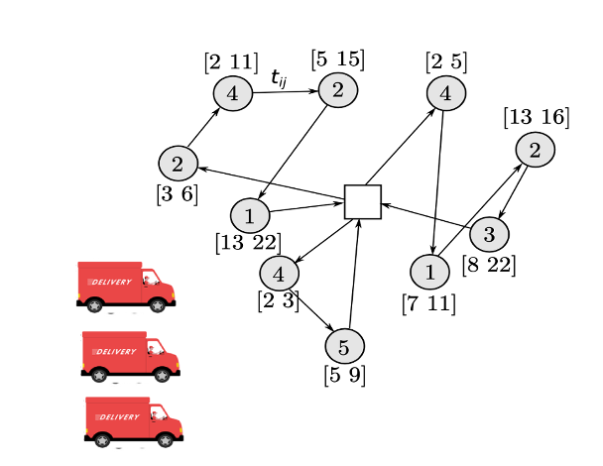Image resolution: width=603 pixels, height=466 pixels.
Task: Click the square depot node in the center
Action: pyautogui.click(x=363, y=201)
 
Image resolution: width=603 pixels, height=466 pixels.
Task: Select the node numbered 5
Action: pyautogui.click(x=344, y=347)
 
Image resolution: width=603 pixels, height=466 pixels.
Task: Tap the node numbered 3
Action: pyautogui.click(x=488, y=235)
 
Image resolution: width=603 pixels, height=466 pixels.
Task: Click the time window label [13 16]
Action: pyautogui.click(x=536, y=118)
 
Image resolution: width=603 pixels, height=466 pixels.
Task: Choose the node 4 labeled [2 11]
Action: pyautogui.click(x=232, y=94)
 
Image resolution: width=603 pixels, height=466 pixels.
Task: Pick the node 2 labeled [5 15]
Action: pyautogui.click(x=337, y=89)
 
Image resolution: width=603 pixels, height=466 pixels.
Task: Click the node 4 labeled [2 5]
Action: pyautogui.click(x=446, y=94)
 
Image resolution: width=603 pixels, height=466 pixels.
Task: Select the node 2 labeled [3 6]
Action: pyautogui.click(x=178, y=163)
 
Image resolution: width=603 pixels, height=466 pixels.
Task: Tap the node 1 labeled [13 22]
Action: pyautogui.click(x=250, y=215)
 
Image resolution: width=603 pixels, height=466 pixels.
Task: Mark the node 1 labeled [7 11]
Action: pyautogui.click(x=429, y=271)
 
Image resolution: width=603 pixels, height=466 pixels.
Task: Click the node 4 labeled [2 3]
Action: pyautogui.click(x=279, y=272)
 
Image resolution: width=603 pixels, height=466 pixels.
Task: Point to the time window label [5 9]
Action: pyautogui.click(x=344, y=376)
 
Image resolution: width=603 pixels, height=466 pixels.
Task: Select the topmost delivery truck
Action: pyautogui.click(x=126, y=286)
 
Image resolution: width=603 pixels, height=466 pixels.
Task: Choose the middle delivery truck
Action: pyautogui.click(x=130, y=355)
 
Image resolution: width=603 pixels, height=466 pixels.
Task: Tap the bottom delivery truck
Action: pyautogui.click(x=134, y=420)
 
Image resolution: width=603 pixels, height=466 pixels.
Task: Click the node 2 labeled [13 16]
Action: pyautogui.click(x=535, y=151)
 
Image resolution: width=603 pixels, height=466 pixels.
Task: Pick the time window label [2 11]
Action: pyautogui.click(x=232, y=62)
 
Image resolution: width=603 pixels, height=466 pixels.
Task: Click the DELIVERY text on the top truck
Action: pyautogui.click(x=111, y=283)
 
